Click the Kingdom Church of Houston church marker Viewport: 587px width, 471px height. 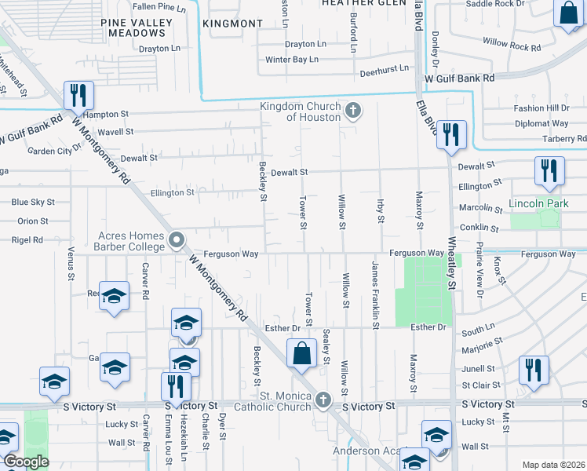[353, 111]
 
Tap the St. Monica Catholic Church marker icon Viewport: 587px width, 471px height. [323, 401]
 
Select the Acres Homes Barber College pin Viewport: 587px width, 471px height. [177, 241]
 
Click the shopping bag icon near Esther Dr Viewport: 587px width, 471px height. [302, 355]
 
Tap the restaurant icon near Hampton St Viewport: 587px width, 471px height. [78, 97]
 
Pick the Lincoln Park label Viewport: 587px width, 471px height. [537, 203]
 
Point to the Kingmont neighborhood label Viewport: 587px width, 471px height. [232, 24]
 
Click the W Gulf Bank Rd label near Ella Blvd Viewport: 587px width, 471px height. [460, 78]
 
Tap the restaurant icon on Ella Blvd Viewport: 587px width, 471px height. [452, 136]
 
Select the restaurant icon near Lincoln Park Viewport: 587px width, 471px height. [549, 172]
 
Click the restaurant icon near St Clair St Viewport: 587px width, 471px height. [534, 371]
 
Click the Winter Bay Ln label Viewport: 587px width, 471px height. [292, 60]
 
